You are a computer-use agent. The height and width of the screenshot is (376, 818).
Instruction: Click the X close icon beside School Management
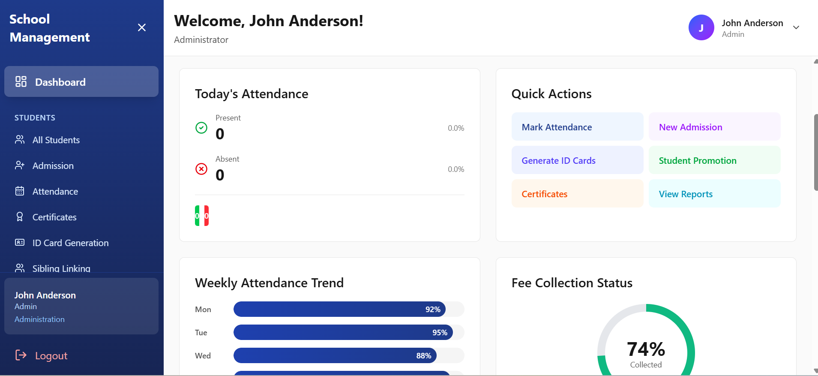coord(142,27)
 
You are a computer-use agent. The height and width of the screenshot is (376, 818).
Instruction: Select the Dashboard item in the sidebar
coord(81,81)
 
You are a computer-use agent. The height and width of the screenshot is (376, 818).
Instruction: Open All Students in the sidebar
coord(56,140)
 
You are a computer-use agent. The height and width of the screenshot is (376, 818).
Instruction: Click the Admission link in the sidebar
coord(53,166)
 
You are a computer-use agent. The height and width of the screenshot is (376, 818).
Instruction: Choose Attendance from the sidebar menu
coord(55,192)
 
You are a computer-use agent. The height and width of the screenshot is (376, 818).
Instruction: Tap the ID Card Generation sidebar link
coord(70,243)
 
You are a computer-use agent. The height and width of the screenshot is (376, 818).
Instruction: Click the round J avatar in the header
coord(701,27)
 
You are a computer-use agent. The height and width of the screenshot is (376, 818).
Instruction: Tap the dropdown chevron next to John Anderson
coord(796,27)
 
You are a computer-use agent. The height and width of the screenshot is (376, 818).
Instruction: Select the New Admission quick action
coord(714,127)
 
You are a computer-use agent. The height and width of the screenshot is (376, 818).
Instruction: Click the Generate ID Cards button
coord(577,160)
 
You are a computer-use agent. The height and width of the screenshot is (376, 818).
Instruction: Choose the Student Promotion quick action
coord(714,160)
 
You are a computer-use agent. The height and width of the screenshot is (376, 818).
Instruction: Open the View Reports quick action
coord(714,194)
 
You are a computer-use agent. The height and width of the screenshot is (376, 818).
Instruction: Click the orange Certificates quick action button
coord(577,194)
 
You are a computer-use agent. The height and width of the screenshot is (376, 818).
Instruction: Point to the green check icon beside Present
coord(201,128)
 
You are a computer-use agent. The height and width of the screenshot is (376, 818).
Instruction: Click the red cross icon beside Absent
coord(201,169)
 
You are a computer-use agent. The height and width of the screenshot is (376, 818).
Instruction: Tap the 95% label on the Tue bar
coord(440,333)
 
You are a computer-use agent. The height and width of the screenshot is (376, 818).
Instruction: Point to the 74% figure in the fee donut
coord(646,349)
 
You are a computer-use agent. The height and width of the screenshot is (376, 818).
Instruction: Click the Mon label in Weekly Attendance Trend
coord(203,310)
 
